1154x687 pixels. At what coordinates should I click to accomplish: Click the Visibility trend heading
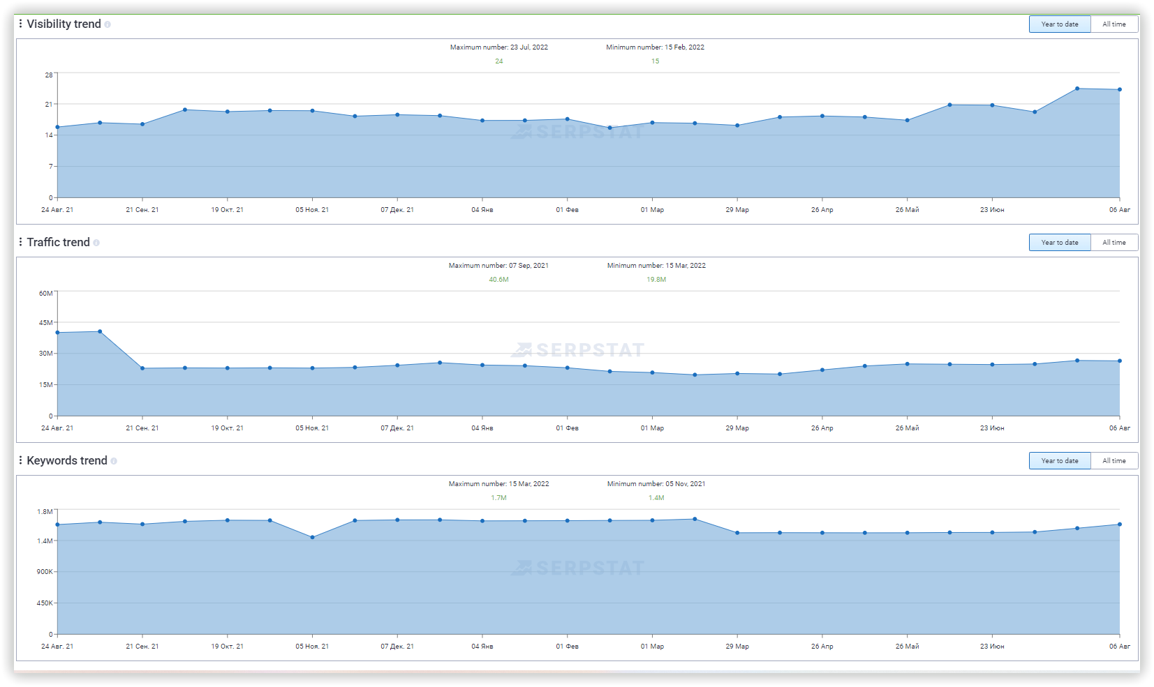click(64, 24)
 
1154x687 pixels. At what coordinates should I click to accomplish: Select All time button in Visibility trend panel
click(1114, 24)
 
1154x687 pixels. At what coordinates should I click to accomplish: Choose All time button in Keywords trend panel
click(1114, 461)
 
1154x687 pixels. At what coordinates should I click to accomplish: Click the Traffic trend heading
click(58, 243)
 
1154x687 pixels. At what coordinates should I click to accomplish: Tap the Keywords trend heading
click(66, 461)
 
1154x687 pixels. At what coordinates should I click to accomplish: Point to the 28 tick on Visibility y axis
click(49, 75)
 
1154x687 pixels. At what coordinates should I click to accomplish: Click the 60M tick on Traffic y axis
click(46, 294)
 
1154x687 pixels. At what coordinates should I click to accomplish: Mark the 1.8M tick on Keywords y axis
click(45, 512)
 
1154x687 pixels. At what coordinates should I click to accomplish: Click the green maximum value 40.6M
click(498, 280)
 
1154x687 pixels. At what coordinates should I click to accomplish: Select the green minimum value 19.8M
click(656, 280)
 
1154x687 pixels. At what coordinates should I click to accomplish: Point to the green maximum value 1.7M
click(498, 498)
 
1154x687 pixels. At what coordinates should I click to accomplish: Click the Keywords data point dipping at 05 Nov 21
click(312, 538)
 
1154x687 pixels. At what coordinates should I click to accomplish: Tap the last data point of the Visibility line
click(1120, 89)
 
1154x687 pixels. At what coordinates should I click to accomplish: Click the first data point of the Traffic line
click(57, 333)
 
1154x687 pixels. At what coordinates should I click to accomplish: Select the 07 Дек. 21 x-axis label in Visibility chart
click(397, 210)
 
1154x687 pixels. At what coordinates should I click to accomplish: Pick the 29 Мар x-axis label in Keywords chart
click(737, 647)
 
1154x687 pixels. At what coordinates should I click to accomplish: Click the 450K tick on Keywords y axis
click(45, 603)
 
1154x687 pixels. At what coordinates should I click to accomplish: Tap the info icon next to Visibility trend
click(108, 24)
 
